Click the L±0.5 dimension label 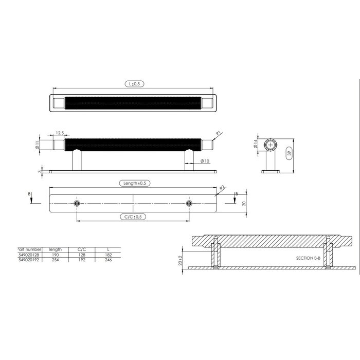pyautogui.click(x=133, y=83)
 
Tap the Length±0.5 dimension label pyautogui.click(x=133, y=183)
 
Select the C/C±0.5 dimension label pyautogui.click(x=133, y=217)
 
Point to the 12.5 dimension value pyautogui.click(x=60, y=133)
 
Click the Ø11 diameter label pyautogui.click(x=38, y=145)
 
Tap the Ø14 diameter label pyautogui.click(x=255, y=146)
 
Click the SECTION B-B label pyautogui.click(x=309, y=258)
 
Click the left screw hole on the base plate pyautogui.click(x=77, y=204)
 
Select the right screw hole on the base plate pyautogui.click(x=189, y=204)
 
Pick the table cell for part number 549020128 pyautogui.click(x=29, y=255)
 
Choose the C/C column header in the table pyautogui.click(x=81, y=249)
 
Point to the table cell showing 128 pyautogui.click(x=81, y=255)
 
